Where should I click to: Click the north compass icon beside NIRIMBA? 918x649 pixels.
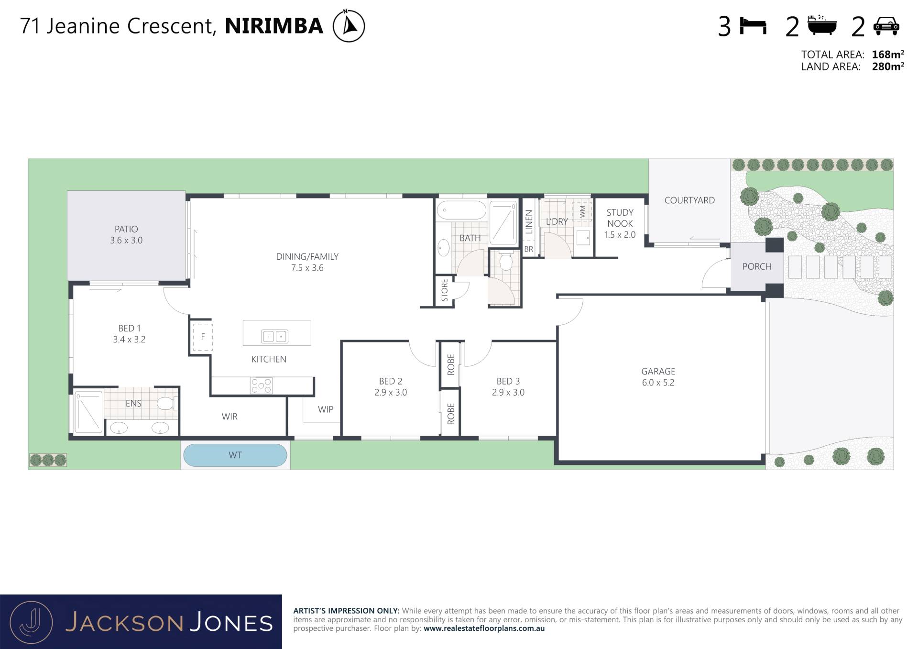click(x=349, y=25)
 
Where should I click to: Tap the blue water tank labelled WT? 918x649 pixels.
click(x=235, y=455)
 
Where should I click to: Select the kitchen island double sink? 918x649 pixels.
click(x=274, y=336)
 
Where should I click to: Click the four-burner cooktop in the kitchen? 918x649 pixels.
click(x=261, y=385)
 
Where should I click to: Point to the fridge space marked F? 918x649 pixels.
click(x=203, y=337)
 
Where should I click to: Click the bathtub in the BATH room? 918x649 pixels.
click(x=461, y=210)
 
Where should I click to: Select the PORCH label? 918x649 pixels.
click(x=757, y=266)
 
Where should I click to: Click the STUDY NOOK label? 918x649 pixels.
click(x=620, y=218)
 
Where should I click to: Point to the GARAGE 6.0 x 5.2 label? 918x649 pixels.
click(x=658, y=377)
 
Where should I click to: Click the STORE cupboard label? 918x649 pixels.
click(x=445, y=290)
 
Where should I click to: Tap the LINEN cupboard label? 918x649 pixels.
click(x=529, y=222)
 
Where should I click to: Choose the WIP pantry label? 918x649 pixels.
click(x=326, y=409)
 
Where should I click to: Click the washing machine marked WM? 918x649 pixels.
click(x=582, y=212)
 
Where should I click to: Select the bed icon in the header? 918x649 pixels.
click(x=753, y=26)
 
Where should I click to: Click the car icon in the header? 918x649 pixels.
click(x=886, y=26)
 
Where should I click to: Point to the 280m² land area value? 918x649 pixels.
click(x=888, y=66)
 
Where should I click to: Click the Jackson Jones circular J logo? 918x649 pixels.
click(x=32, y=622)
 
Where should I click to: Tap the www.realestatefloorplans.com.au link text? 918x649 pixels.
click(x=484, y=628)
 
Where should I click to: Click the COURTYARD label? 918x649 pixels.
click(x=689, y=200)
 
